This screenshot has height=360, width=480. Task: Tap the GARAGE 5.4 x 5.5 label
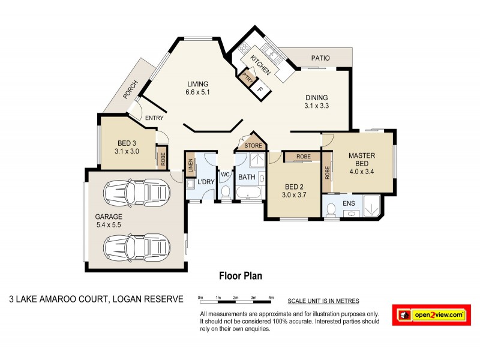point(108,220)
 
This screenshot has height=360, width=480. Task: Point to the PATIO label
point(321,58)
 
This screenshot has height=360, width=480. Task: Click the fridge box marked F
point(260,89)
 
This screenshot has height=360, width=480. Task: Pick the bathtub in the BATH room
point(248,194)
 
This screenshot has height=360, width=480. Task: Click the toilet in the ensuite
point(332,209)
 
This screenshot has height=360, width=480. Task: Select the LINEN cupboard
point(190,166)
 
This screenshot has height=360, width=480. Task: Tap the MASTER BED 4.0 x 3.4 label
point(362,163)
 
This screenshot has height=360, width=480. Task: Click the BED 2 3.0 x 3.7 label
point(294,191)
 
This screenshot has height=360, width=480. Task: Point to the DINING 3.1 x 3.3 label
point(317,101)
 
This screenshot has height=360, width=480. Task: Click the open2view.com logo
point(431,314)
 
